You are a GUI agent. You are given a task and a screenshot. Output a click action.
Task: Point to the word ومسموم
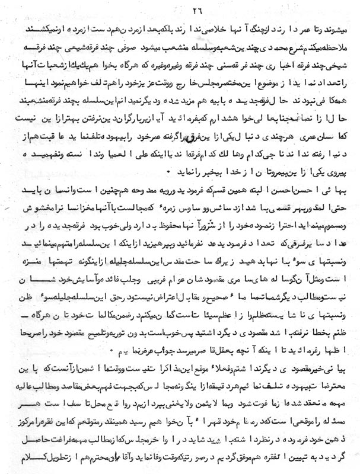339,241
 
